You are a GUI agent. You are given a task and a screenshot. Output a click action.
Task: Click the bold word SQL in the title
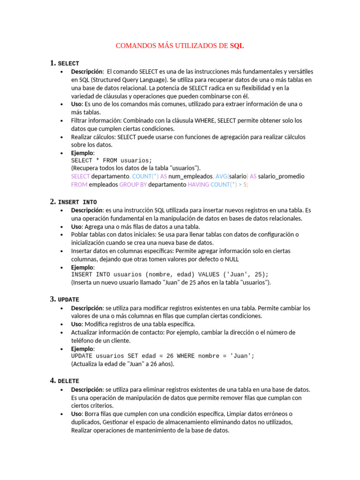237,46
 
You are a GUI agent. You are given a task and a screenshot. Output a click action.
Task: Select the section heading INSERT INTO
77,202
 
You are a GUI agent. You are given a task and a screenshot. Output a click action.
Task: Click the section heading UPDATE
68,300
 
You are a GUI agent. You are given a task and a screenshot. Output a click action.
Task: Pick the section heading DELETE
68,381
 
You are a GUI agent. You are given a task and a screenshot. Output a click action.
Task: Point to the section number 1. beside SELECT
52,63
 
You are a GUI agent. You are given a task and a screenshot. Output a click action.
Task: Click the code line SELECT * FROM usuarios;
105,160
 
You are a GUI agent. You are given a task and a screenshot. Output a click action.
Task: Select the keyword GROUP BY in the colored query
133,185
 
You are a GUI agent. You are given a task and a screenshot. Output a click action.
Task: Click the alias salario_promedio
281,176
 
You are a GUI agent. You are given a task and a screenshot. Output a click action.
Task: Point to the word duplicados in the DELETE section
85,422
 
